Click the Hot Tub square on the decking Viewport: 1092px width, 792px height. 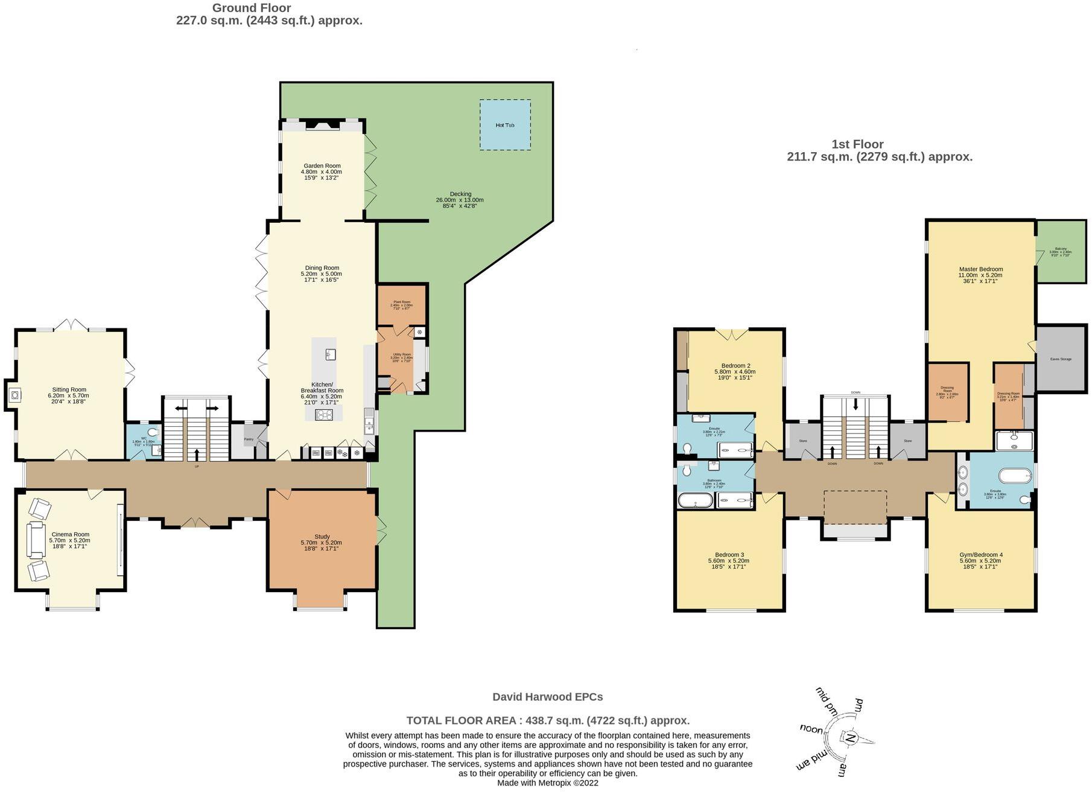(x=505, y=125)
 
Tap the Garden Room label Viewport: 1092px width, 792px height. (x=322, y=166)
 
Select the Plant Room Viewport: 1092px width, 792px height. (x=401, y=304)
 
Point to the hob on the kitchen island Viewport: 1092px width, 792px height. (x=324, y=414)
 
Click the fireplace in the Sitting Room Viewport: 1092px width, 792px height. (x=15, y=395)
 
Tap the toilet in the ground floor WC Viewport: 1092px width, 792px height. (x=153, y=432)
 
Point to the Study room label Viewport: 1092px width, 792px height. (x=322, y=537)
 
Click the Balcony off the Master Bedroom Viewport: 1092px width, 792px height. (x=1061, y=252)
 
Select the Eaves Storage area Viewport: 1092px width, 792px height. (x=1061, y=359)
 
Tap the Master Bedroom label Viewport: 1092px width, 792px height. (x=980, y=269)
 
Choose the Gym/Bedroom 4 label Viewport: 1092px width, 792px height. (x=980, y=555)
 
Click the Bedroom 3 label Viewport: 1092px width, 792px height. (x=729, y=555)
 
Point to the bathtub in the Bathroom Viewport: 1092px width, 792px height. (x=695, y=500)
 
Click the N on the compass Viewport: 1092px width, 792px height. (x=850, y=738)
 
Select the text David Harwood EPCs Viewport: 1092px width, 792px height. (x=547, y=697)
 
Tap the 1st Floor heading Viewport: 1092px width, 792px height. (x=857, y=144)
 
